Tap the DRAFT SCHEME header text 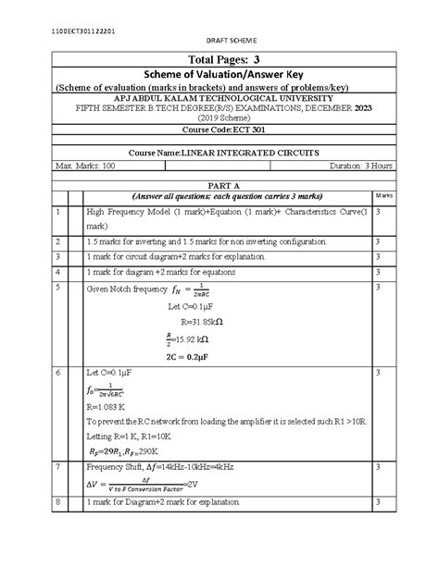(x=219, y=44)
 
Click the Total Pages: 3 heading (x=219, y=60)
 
